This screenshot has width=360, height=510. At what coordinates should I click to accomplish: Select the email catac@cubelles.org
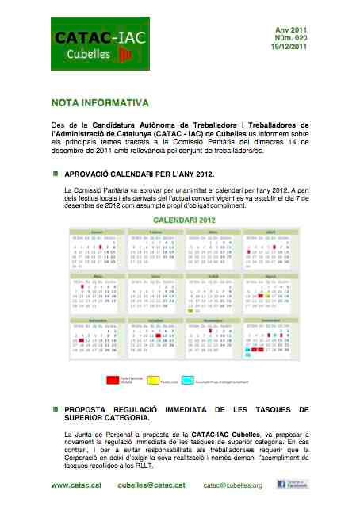pos(232,485)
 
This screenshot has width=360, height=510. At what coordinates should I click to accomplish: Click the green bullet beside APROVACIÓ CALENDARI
pos(56,172)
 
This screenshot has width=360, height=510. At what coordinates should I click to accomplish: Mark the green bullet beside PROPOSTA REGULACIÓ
pos(56,409)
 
